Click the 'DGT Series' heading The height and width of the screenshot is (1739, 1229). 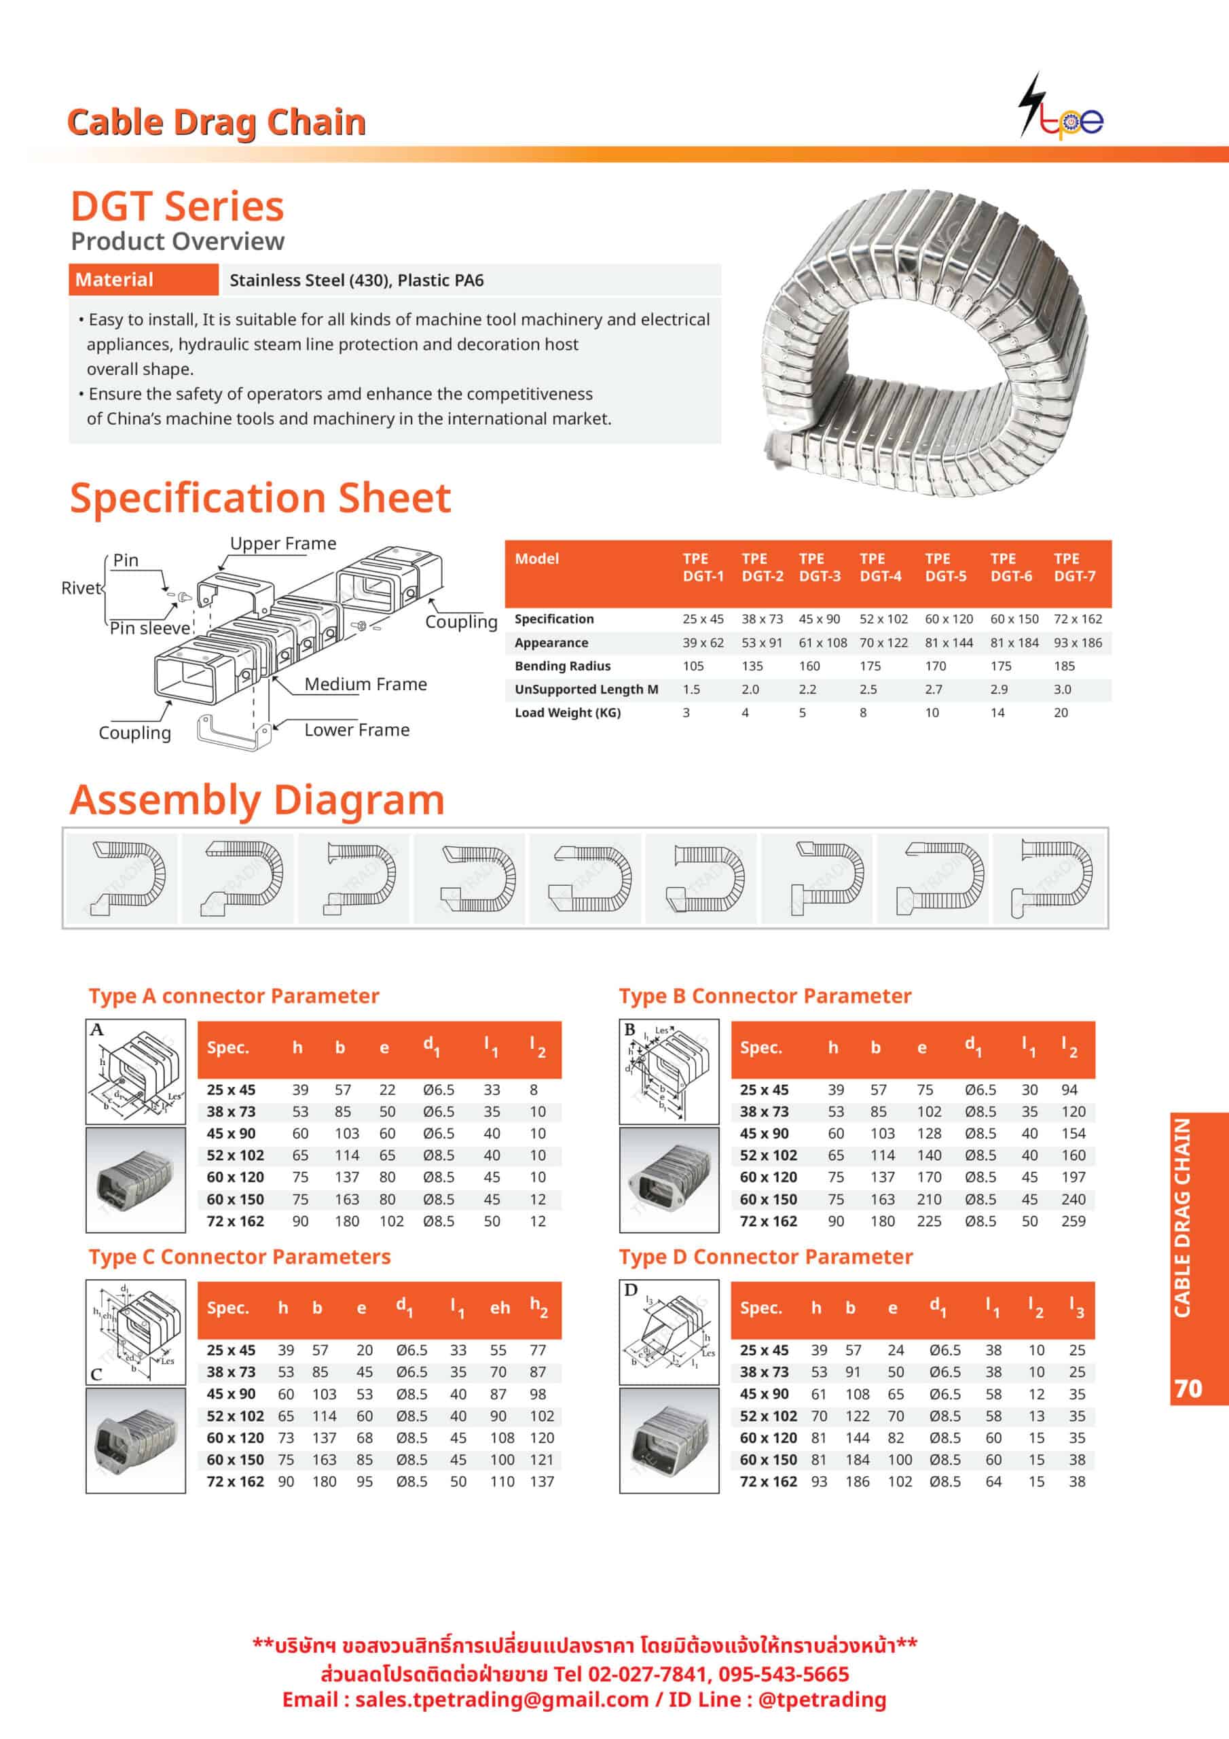pyautogui.click(x=177, y=207)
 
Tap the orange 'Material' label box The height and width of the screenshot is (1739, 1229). pyautogui.click(x=143, y=279)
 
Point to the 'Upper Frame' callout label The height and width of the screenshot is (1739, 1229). pyautogui.click(x=282, y=543)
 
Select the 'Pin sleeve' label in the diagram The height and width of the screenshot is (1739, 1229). pyautogui.click(x=149, y=628)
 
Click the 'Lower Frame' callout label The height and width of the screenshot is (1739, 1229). pyautogui.click(x=356, y=730)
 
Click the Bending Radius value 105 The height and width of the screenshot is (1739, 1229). pyautogui.click(x=693, y=666)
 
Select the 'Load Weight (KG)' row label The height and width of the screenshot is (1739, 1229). pyautogui.click(x=567, y=713)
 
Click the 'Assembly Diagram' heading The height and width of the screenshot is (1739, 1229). pyautogui.click(x=257, y=800)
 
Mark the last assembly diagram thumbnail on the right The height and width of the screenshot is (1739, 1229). pyautogui.click(x=1050, y=878)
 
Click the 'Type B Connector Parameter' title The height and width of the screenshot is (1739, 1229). pyautogui.click(x=765, y=996)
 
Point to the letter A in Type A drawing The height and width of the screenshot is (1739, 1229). pyautogui.click(x=97, y=1030)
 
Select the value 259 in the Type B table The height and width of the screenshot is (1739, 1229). pyautogui.click(x=1073, y=1221)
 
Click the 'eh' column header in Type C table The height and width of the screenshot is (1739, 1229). pyautogui.click(x=500, y=1308)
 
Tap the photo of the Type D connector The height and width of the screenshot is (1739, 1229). pyautogui.click(x=669, y=1440)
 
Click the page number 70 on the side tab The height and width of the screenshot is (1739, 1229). pyautogui.click(x=1188, y=1388)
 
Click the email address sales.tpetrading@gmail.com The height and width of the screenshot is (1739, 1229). pyautogui.click(x=501, y=1700)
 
